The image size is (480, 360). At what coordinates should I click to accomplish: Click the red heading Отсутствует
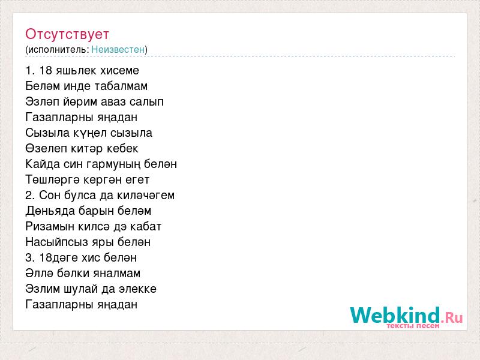click(67, 34)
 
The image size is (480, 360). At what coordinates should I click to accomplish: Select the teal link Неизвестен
click(118, 49)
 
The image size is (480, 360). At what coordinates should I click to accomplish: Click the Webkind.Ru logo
click(406, 317)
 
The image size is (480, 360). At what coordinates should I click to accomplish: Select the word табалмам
click(121, 86)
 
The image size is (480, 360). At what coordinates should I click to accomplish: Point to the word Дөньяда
click(50, 211)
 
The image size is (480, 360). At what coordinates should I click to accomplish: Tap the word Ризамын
click(50, 227)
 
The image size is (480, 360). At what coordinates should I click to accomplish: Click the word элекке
click(138, 289)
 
